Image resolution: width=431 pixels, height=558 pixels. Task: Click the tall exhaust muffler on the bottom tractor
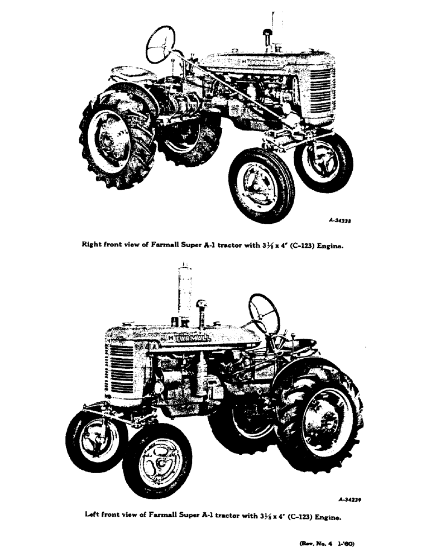185,293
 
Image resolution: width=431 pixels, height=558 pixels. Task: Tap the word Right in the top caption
93,244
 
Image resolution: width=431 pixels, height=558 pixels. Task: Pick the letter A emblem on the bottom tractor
154,346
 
